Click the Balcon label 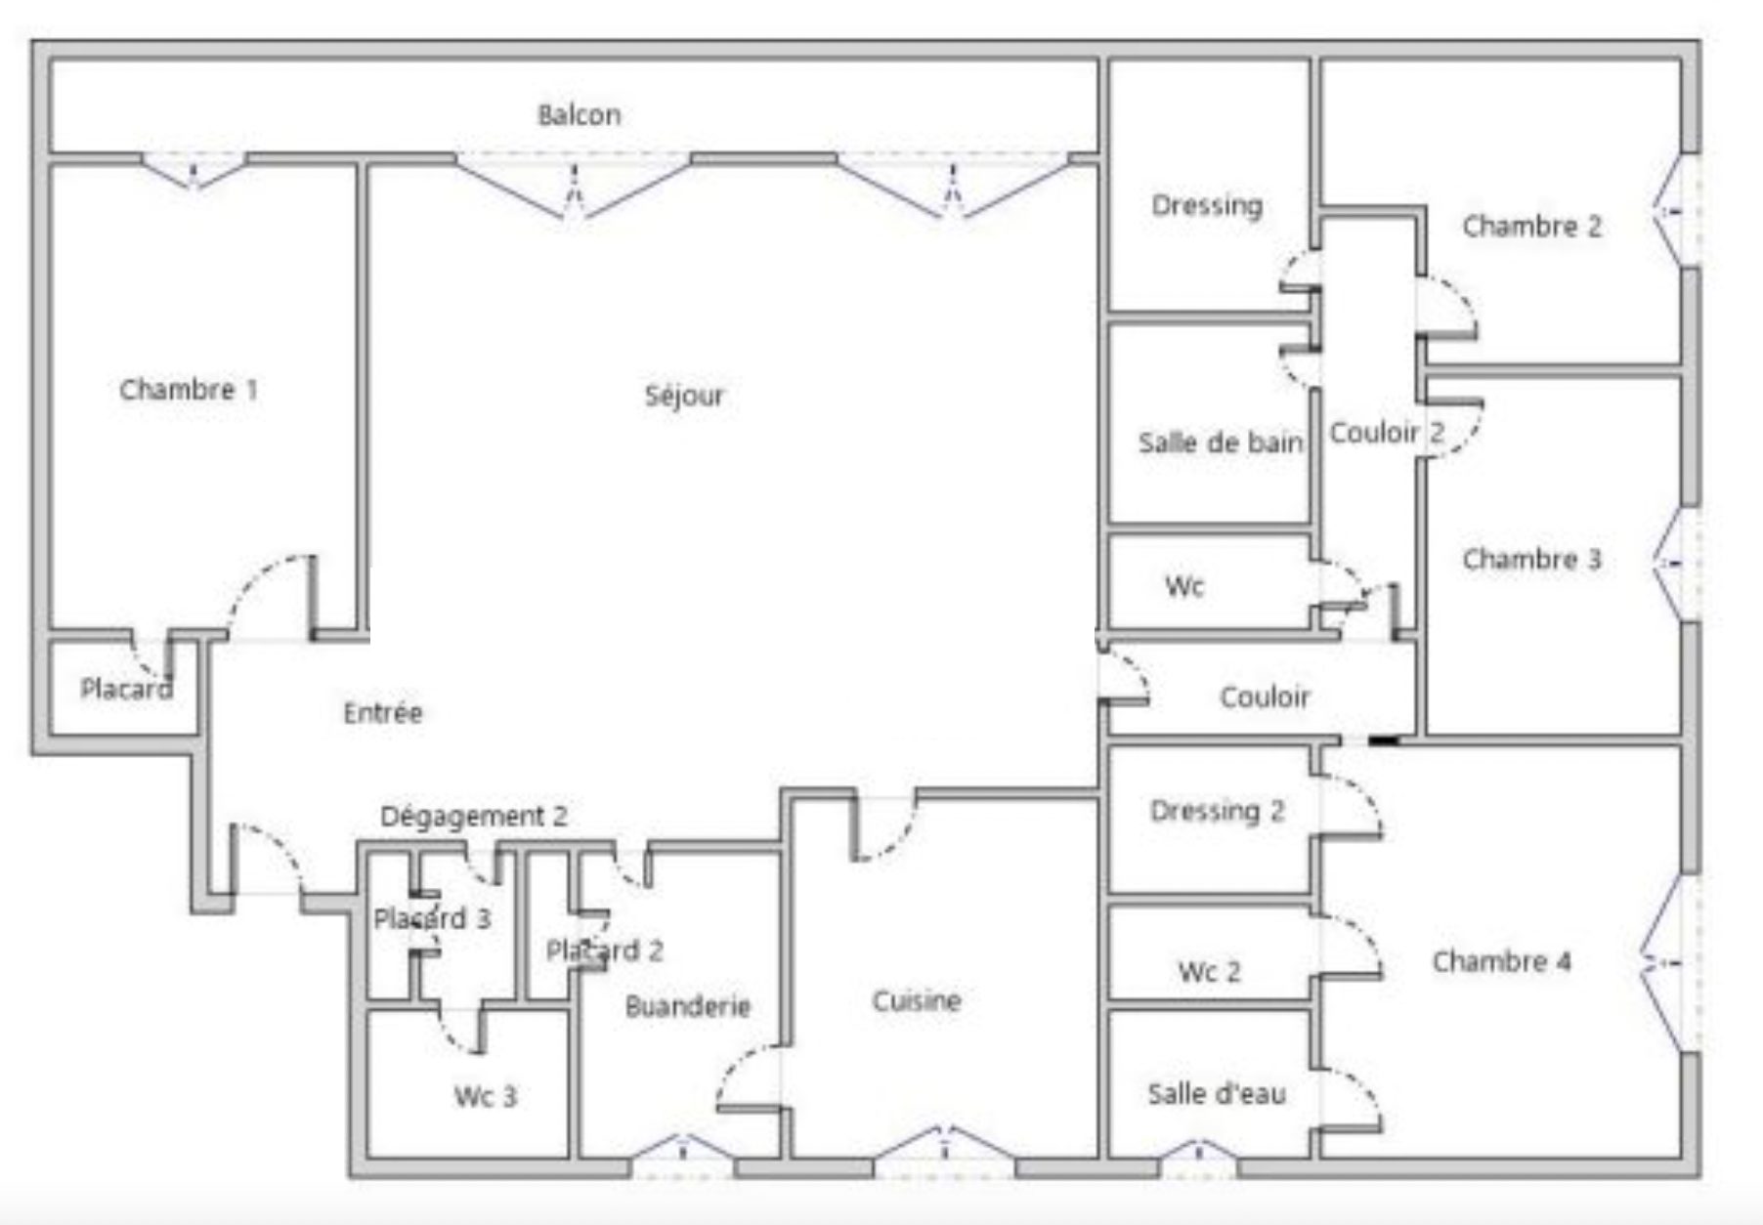[x=579, y=115]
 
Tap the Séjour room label [x=684, y=396]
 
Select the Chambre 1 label [x=189, y=390]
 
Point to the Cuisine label [x=916, y=1000]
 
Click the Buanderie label [x=687, y=1006]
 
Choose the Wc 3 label [x=485, y=1096]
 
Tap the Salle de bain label [x=1220, y=443]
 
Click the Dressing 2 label [x=1217, y=811]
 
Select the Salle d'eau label [x=1216, y=1094]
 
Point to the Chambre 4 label [x=1501, y=961]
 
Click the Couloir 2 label [x=1387, y=432]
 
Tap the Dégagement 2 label [x=473, y=816]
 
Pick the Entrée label [x=383, y=712]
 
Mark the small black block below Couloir [x=1383, y=740]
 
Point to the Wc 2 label [x=1209, y=972]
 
